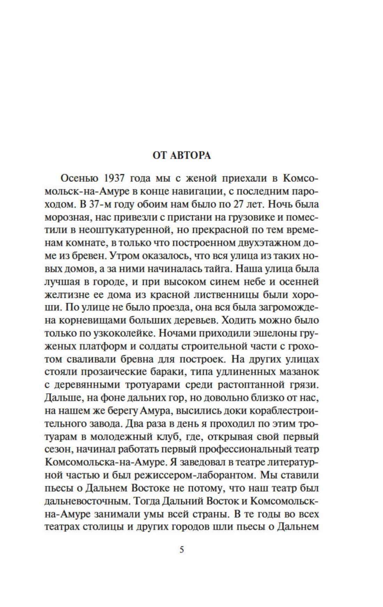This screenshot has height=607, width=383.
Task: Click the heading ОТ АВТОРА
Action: [182, 155]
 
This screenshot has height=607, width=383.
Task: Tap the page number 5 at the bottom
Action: [181, 550]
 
